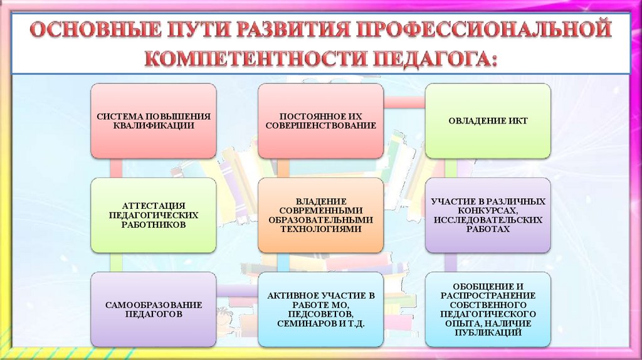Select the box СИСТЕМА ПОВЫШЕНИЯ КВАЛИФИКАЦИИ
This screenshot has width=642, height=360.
(x=154, y=120)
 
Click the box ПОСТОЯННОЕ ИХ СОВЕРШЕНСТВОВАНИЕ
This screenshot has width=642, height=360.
(x=320, y=120)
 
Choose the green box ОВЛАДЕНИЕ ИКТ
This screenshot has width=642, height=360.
(x=488, y=120)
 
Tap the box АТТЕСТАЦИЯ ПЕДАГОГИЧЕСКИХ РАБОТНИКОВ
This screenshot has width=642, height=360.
(x=154, y=214)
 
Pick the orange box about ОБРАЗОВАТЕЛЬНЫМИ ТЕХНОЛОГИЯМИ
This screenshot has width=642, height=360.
(x=320, y=214)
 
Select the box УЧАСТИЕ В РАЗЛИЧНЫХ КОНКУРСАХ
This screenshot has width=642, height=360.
(x=488, y=214)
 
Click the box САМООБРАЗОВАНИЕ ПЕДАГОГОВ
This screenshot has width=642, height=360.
(x=154, y=309)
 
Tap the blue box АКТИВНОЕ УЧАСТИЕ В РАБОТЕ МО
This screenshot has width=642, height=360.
(x=320, y=309)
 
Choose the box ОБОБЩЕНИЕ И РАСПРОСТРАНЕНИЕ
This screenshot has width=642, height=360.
(x=488, y=309)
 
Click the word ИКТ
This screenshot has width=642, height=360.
(x=517, y=121)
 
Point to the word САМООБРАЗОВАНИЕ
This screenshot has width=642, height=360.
(x=154, y=305)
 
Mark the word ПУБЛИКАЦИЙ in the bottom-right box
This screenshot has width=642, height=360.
(x=488, y=332)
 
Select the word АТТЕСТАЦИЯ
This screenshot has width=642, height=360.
(x=154, y=205)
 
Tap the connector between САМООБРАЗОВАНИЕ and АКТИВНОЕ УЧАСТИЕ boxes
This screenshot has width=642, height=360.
(x=237, y=290)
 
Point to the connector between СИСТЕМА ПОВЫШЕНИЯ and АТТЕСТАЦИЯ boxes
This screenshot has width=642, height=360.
(x=115, y=167)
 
